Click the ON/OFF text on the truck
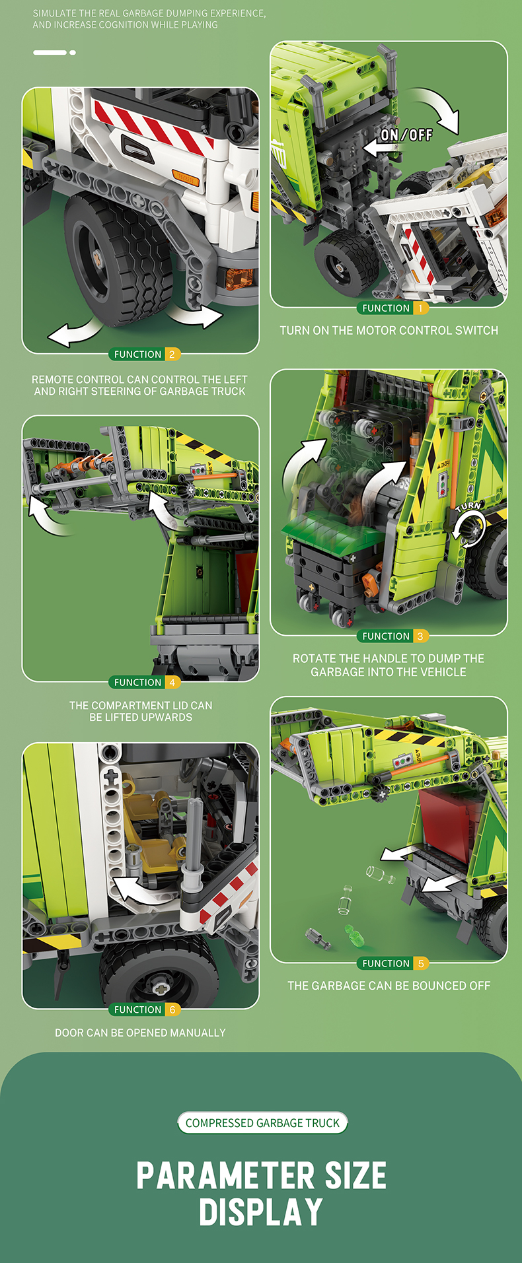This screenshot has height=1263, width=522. tap(406, 135)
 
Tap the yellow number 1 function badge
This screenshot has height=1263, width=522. tap(420, 308)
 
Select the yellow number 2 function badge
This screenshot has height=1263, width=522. tap(172, 355)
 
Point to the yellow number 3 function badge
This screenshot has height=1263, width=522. tap(420, 636)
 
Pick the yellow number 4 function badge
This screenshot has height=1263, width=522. tap(172, 683)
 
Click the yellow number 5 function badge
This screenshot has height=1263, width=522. tap(420, 964)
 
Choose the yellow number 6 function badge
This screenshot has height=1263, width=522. tap(172, 1010)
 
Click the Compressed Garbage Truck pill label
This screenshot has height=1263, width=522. tap(262, 1123)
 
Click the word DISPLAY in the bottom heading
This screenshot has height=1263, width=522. tap(261, 1213)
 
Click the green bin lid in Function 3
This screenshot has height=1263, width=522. tap(330, 529)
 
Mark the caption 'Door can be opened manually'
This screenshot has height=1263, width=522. tap(140, 1033)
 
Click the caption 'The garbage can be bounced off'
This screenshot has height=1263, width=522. tap(389, 986)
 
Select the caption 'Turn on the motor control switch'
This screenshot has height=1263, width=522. tap(389, 330)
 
